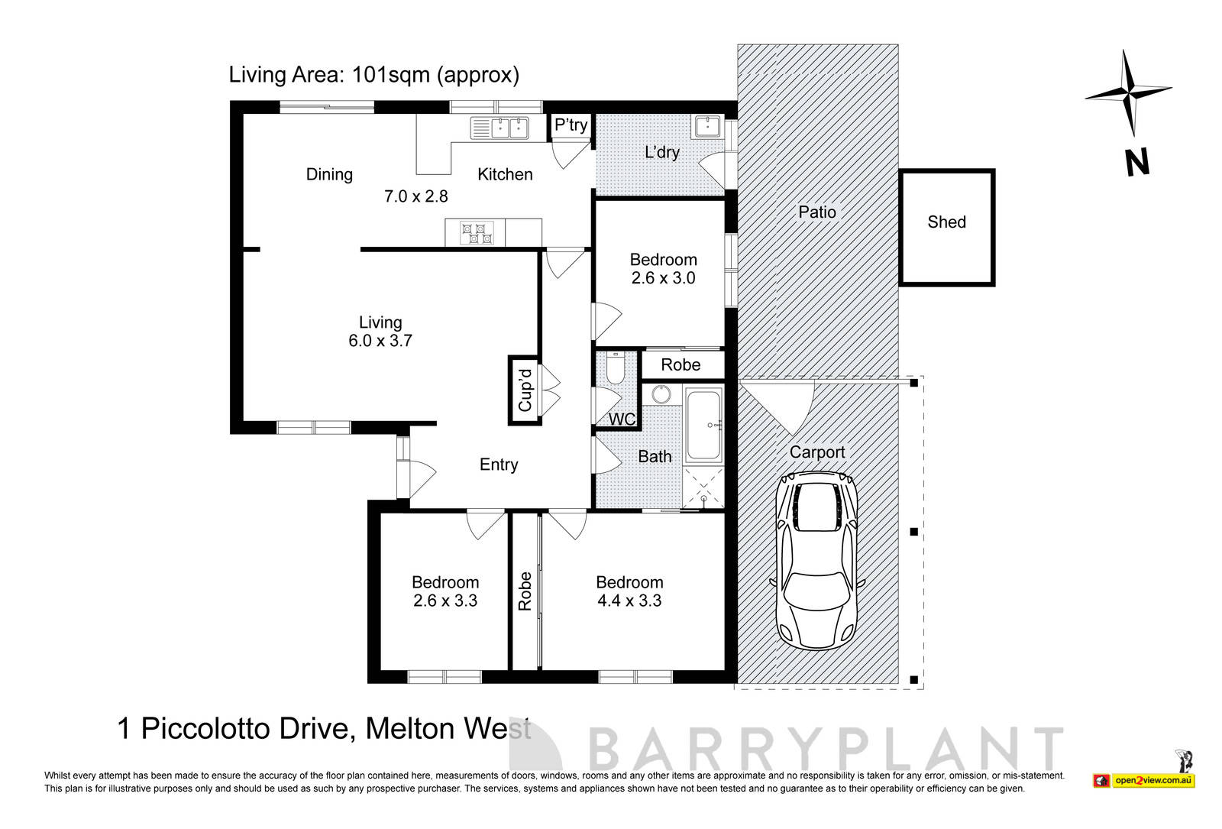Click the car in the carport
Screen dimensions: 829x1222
[x=816, y=561]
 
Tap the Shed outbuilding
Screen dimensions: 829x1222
[x=946, y=228]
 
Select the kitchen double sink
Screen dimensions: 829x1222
[x=499, y=128]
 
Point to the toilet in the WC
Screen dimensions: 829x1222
[x=616, y=369]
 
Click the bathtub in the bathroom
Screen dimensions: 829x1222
[x=703, y=425]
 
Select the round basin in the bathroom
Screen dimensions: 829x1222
[x=661, y=395]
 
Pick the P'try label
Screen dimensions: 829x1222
[x=571, y=125]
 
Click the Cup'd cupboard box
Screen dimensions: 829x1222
[x=525, y=390]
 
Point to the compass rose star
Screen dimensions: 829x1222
[x=1128, y=92]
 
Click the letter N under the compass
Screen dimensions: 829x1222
[x=1136, y=163]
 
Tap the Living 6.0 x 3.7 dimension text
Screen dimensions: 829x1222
[x=380, y=341]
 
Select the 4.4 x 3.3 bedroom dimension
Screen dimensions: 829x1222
[x=629, y=601]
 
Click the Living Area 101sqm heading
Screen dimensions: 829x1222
[x=373, y=75]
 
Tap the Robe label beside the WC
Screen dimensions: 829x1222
[x=681, y=365]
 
